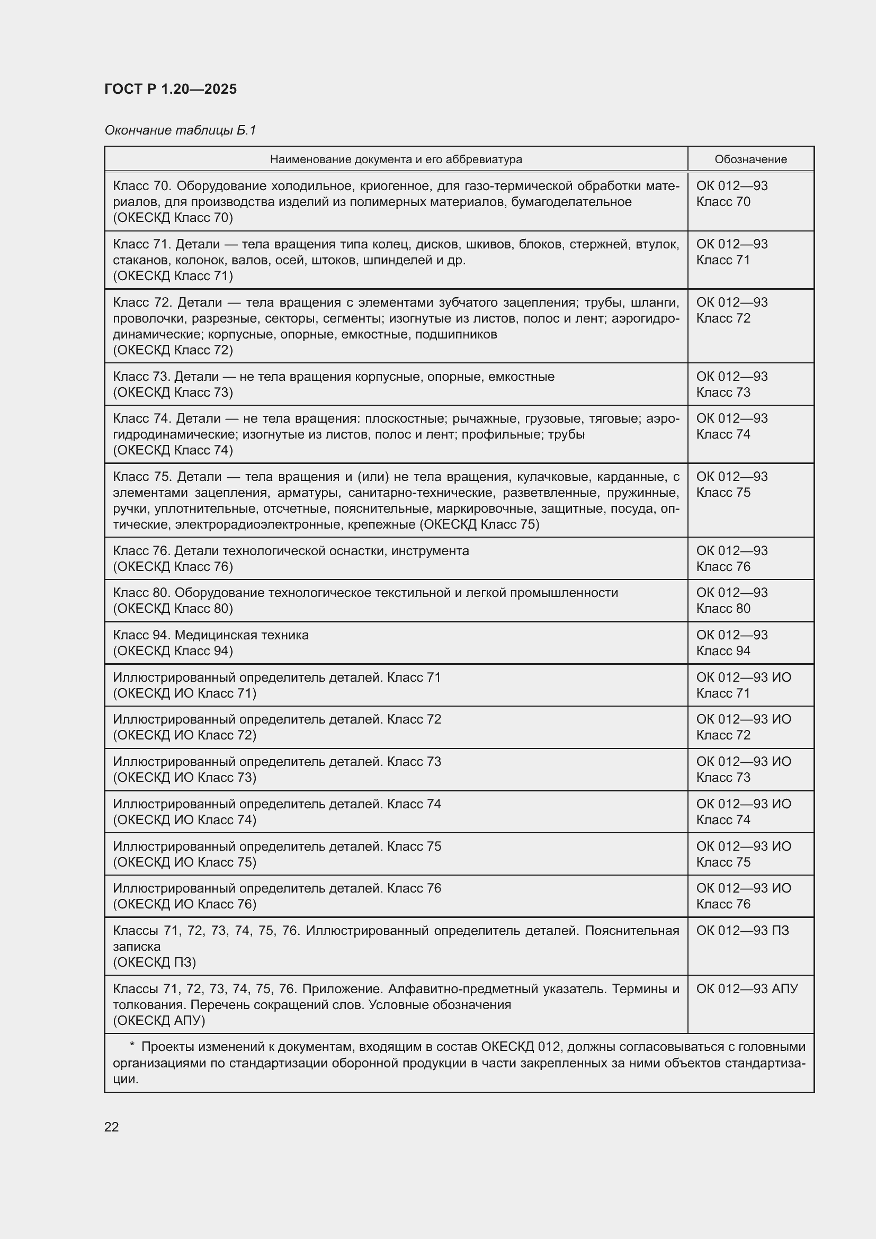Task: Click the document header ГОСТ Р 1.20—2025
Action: point(171,89)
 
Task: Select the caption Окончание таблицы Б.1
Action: point(180,130)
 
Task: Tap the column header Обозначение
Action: point(750,159)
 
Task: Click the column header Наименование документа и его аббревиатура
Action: point(396,159)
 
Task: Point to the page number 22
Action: point(112,1127)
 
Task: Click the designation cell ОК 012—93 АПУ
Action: point(747,988)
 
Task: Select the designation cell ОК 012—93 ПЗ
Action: point(742,930)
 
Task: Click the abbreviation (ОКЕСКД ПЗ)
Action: point(155,962)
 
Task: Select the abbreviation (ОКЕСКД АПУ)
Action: point(159,1020)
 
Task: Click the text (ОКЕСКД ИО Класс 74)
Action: point(184,819)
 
